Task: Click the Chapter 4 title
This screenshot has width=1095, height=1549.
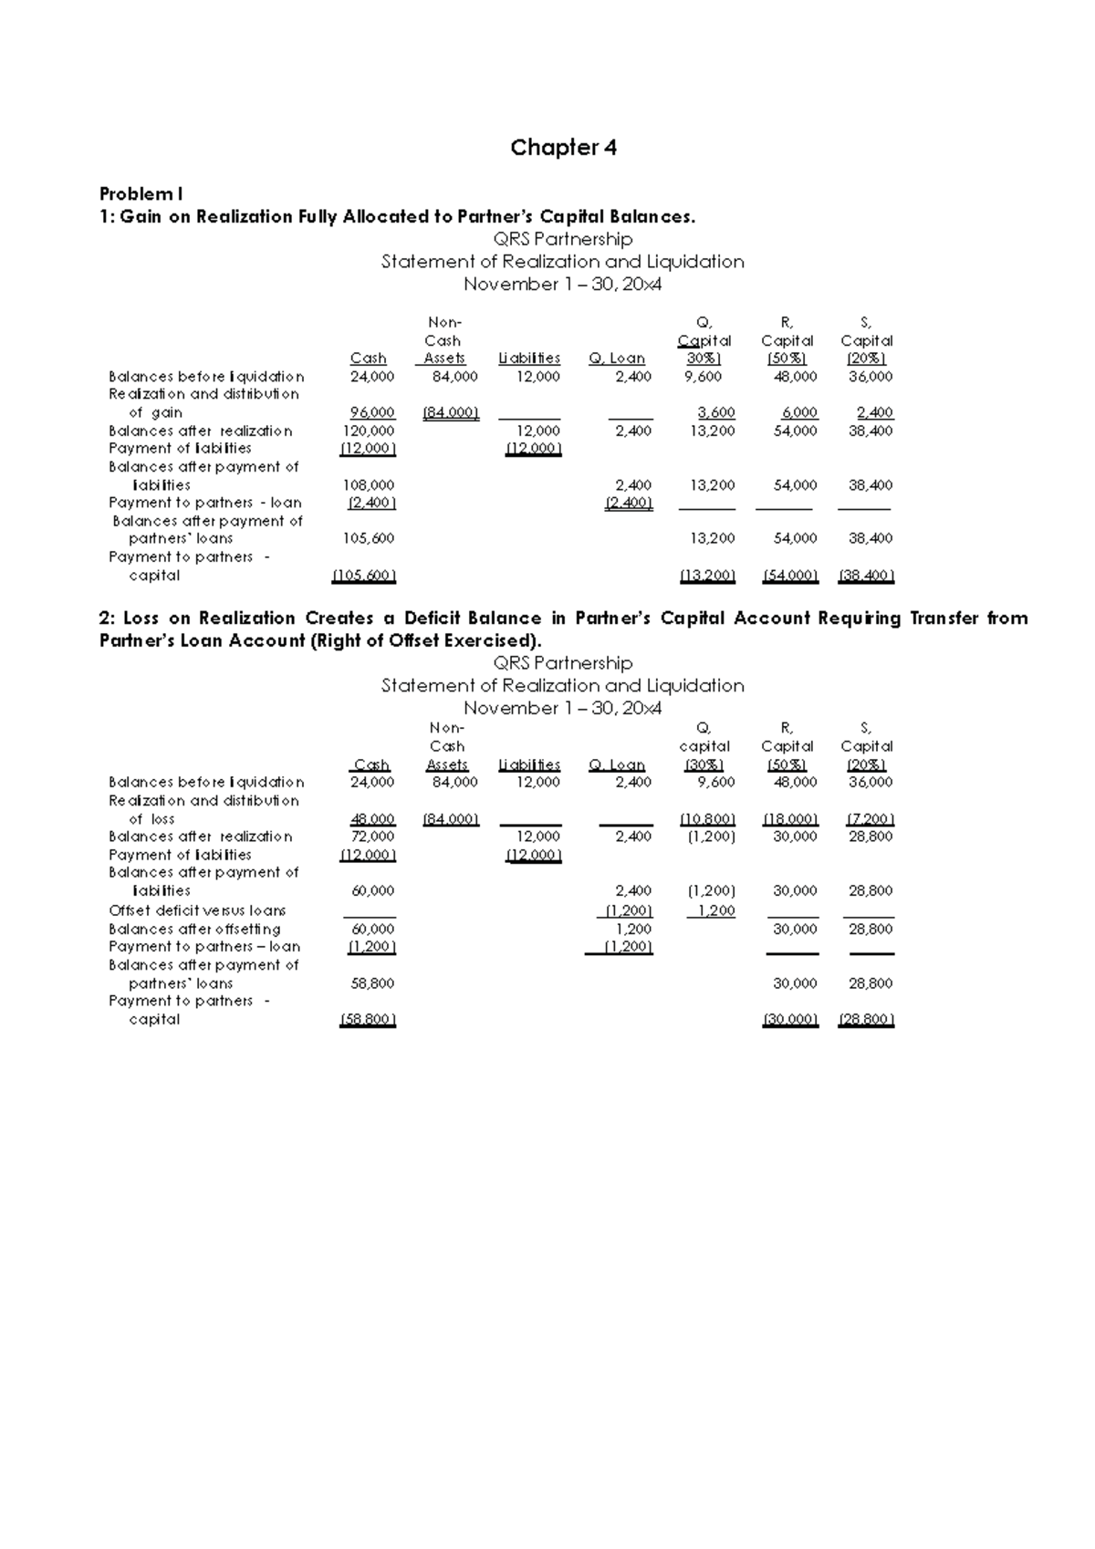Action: point(563,148)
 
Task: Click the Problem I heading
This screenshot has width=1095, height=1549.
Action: point(141,194)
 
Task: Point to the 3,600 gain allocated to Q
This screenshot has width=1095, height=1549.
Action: point(715,412)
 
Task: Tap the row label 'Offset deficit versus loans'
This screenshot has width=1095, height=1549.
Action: point(197,910)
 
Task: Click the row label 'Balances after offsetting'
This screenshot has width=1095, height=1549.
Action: point(194,929)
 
